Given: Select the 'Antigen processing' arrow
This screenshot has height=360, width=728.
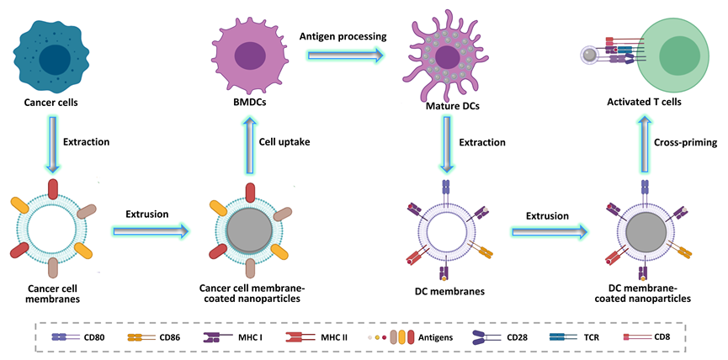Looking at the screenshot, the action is click(x=345, y=56).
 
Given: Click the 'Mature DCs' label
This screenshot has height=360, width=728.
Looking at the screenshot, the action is click(x=452, y=107).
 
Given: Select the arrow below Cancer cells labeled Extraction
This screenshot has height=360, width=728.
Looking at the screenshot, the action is click(x=53, y=145).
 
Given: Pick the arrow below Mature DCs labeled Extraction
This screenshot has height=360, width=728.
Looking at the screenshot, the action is click(x=447, y=145).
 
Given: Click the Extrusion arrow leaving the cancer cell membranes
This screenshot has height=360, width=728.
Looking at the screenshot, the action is click(x=151, y=230).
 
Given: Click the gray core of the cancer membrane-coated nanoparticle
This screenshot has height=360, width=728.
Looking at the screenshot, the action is click(x=250, y=230).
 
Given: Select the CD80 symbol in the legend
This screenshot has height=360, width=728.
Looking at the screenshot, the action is click(x=66, y=337).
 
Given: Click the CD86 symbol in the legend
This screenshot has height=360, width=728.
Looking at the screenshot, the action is click(x=141, y=337).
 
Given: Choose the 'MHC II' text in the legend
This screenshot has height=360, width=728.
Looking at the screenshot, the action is click(x=334, y=337).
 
